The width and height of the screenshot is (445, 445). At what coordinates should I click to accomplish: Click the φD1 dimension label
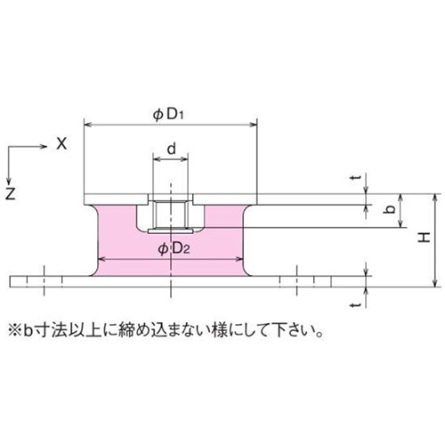point(169,114)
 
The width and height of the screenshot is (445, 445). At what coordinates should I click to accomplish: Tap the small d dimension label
point(170,150)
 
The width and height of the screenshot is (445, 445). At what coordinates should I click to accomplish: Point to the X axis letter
point(61,142)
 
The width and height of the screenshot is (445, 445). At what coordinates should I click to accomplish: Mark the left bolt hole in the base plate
point(43,281)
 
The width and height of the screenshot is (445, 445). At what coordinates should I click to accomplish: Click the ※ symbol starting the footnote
point(14,328)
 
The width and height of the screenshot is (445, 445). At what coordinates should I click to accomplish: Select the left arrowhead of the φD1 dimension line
point(87,126)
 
